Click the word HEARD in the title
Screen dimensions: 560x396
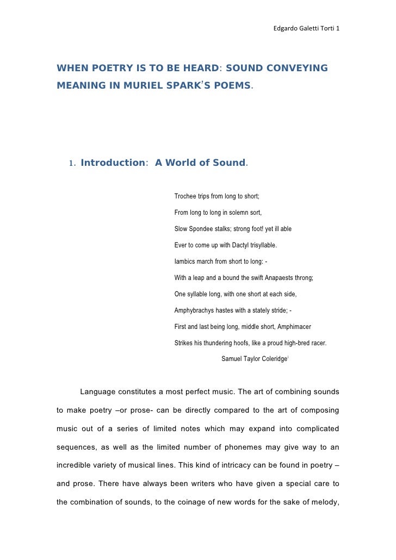pos(197,69)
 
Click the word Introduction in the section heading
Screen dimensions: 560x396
pos(112,163)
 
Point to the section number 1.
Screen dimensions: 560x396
pos(71,163)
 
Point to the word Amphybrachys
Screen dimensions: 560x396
pos(195,310)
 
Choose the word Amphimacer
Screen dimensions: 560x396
pos(295,327)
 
